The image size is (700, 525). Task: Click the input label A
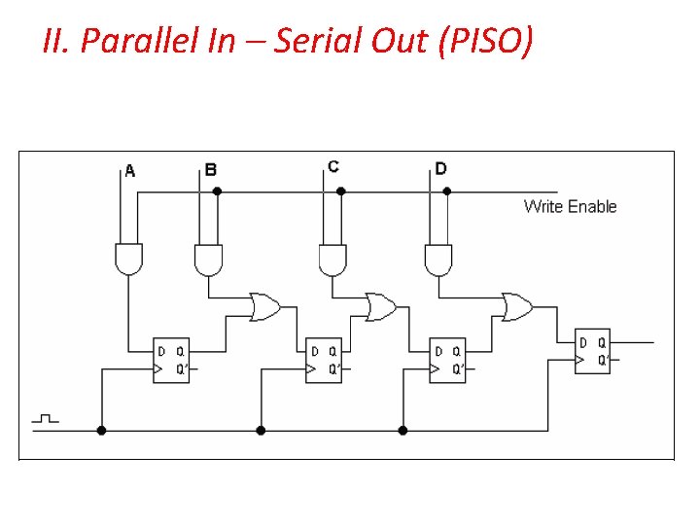(130, 172)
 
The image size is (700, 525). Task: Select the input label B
(211, 170)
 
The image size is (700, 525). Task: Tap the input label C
(333, 167)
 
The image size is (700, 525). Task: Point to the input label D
(440, 169)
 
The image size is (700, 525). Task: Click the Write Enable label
(570, 206)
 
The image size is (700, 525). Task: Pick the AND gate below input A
(128, 258)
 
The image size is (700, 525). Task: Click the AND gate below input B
(207, 259)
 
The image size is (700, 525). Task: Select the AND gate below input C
(332, 259)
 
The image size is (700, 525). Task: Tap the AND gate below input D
(438, 259)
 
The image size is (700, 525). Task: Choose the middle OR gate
(380, 307)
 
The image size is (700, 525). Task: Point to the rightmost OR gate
(516, 307)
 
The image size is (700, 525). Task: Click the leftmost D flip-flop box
(171, 359)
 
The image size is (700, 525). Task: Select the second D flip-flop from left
(324, 359)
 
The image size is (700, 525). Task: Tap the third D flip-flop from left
(447, 359)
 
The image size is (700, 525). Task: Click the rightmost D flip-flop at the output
(592, 351)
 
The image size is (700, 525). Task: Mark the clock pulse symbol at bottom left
(46, 419)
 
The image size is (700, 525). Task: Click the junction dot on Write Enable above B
(217, 192)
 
